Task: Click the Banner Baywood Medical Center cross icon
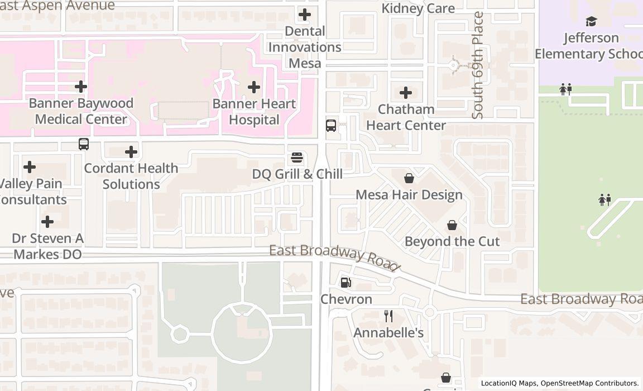(x=81, y=87)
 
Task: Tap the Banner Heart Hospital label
(x=254, y=112)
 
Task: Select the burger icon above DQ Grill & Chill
(x=297, y=158)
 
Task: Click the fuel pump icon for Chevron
(x=346, y=283)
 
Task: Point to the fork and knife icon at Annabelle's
(x=388, y=316)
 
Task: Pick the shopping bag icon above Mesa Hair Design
(x=409, y=178)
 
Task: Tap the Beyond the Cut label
(x=452, y=241)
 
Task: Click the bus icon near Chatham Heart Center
(x=331, y=125)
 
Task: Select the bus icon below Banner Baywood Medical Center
(x=84, y=144)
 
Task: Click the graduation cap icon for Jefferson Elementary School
(x=591, y=22)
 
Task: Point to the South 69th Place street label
(x=478, y=65)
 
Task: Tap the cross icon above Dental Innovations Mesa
(x=305, y=14)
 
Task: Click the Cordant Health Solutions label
(x=131, y=176)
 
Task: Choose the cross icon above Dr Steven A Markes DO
(x=47, y=222)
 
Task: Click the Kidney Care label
(x=418, y=8)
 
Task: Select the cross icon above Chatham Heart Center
(x=406, y=92)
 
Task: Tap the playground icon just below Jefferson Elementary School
(x=565, y=89)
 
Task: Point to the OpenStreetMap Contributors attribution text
(x=589, y=383)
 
